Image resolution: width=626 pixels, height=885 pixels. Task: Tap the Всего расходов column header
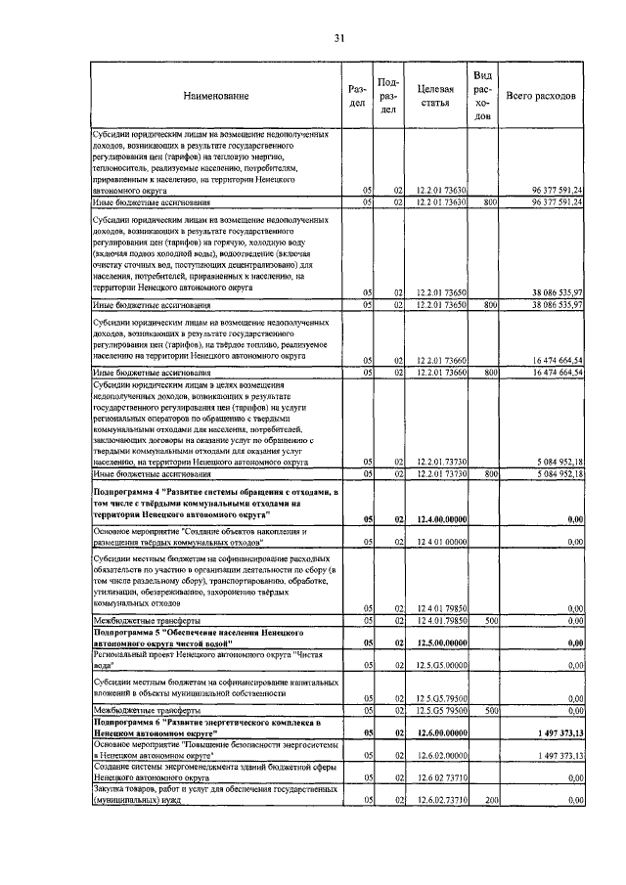coord(541,96)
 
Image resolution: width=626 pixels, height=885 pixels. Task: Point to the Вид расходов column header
coord(482,96)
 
